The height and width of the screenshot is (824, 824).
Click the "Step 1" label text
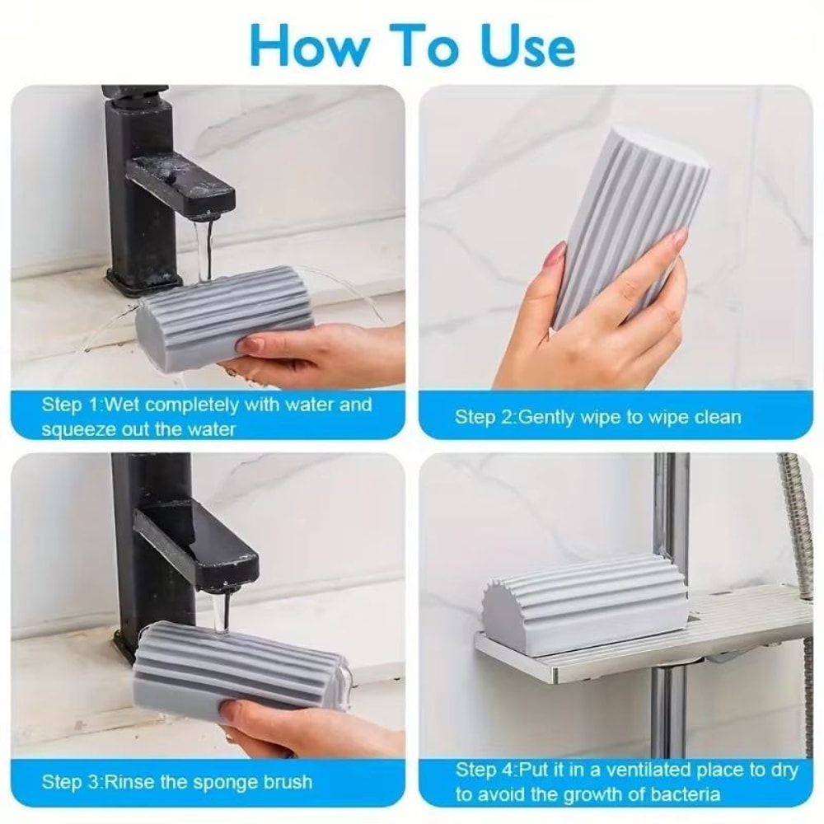[73, 405]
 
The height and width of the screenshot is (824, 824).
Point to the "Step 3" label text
[73, 780]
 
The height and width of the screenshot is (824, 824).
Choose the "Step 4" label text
[485, 770]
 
